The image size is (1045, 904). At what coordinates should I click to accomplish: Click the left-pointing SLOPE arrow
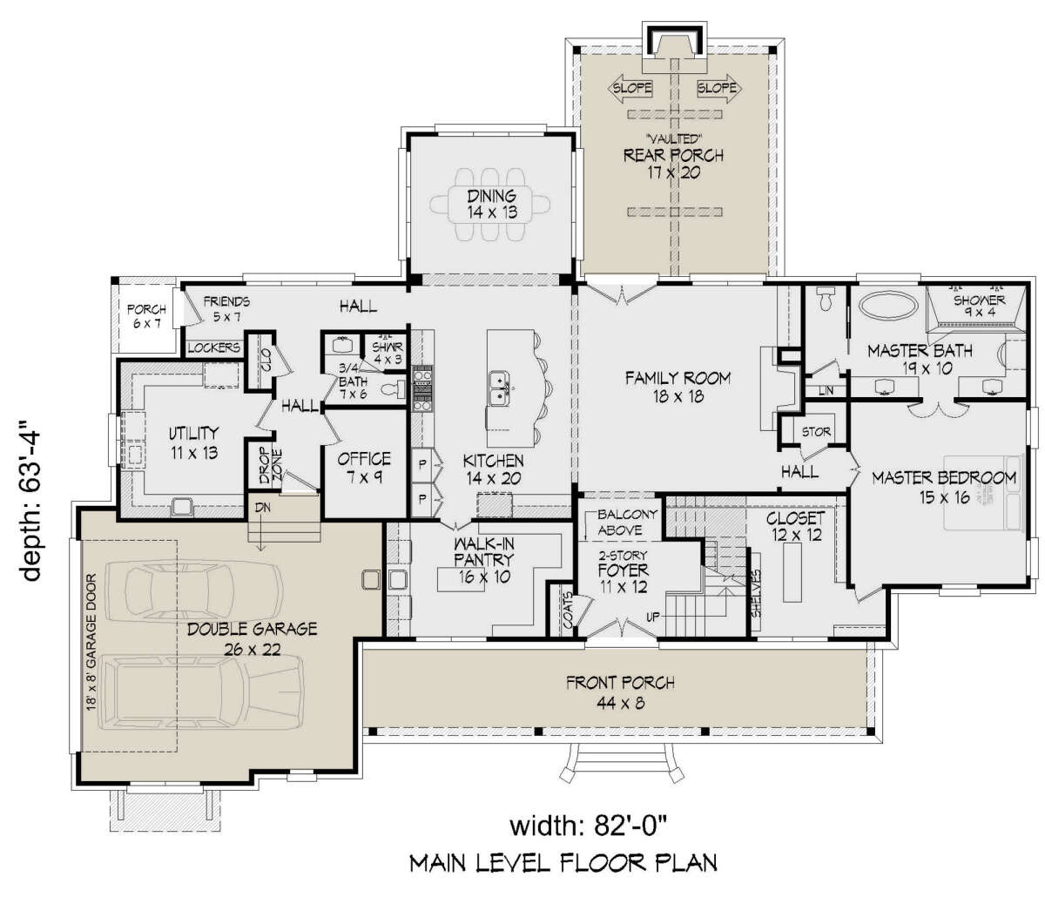(630, 89)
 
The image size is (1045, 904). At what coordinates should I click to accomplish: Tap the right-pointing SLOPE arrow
(719, 89)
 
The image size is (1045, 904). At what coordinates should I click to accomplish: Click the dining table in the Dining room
(490, 205)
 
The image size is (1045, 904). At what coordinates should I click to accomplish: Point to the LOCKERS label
(213, 347)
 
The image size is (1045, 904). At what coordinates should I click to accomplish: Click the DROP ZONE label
(270, 466)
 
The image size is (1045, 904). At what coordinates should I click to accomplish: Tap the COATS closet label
(567, 611)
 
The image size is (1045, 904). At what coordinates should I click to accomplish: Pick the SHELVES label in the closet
(757, 594)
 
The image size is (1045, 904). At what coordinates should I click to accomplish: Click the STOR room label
(816, 432)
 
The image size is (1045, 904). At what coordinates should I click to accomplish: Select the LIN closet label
(825, 391)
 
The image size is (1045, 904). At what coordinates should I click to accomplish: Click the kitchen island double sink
(499, 388)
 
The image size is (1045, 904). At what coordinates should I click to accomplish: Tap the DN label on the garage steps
(263, 507)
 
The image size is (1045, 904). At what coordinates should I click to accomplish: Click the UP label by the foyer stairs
(652, 617)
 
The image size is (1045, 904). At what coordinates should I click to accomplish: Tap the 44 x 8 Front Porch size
(620, 703)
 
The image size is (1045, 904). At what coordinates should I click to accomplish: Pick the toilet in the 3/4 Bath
(393, 389)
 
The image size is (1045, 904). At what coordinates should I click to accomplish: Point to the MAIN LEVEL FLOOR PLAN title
(563, 863)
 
